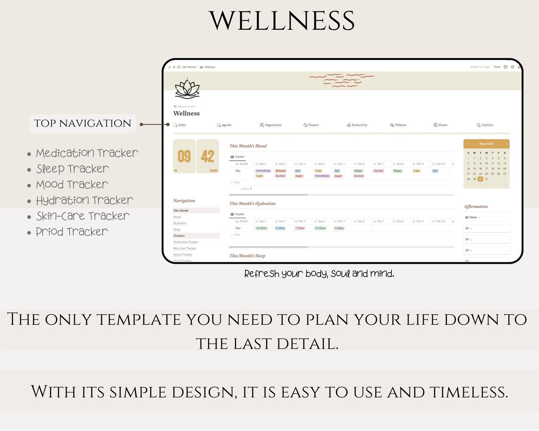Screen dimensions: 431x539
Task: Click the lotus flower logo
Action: coord(187,89)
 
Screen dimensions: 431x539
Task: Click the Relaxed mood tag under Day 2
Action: coord(281,171)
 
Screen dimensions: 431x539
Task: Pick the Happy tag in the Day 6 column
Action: coord(358,171)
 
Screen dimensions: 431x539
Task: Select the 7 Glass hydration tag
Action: coord(300,228)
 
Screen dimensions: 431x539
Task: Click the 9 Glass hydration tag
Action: coord(280,228)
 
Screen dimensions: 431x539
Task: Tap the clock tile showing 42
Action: coord(208,156)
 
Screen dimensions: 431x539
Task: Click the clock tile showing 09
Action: coord(184,156)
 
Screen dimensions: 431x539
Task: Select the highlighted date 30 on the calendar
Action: coord(480,179)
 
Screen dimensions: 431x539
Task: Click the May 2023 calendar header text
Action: coord(486,144)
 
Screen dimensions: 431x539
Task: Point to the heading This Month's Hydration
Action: coord(252,204)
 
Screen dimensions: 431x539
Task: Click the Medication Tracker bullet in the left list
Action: coord(87,153)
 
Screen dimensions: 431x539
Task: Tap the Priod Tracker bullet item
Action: coord(72,232)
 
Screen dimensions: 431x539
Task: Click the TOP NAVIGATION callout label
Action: coord(83,123)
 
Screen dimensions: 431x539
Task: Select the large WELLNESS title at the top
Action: coord(282,21)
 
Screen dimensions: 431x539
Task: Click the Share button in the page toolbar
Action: coord(497,67)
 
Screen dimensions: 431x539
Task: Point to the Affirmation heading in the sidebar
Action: coord(476,207)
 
